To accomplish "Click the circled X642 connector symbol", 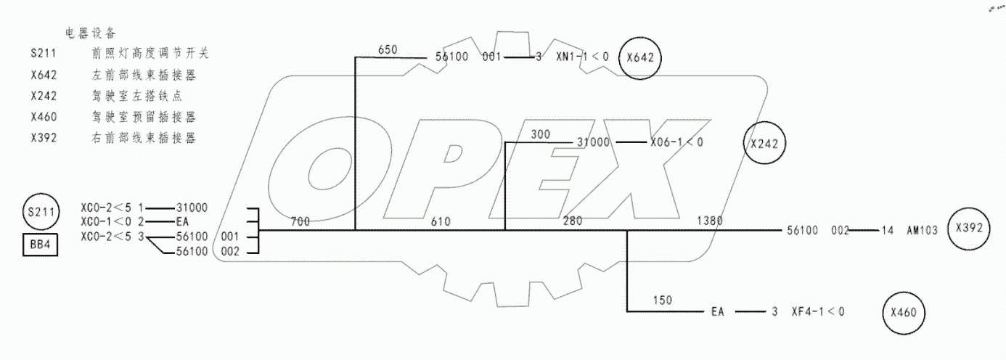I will pyautogui.click(x=641, y=57).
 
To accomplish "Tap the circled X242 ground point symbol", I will pyautogui.click(x=765, y=143).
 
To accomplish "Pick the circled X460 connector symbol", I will pyautogui.click(x=903, y=313).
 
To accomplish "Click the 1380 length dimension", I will pyautogui.click(x=709, y=221).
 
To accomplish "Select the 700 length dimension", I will pyautogui.click(x=300, y=221).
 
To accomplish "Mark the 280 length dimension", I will pyautogui.click(x=573, y=221).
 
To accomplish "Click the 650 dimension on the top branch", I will pyautogui.click(x=388, y=49).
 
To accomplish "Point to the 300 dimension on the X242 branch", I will pyautogui.click(x=541, y=134).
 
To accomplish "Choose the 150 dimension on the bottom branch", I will pyautogui.click(x=662, y=300).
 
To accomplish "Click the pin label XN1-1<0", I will pyautogui.click(x=582, y=57).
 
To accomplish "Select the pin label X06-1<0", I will pyautogui.click(x=676, y=143).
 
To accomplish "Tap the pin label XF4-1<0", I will pyautogui.click(x=817, y=312).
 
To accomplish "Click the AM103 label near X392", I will pyautogui.click(x=922, y=231).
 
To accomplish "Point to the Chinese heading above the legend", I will pyautogui.click(x=91, y=33).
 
